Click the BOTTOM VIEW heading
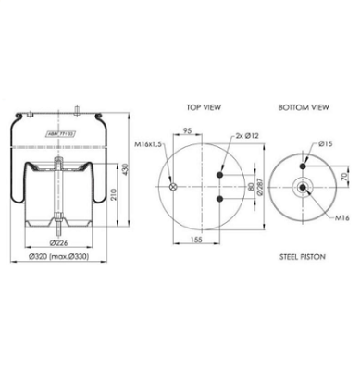(303, 107)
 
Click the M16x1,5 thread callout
(148, 144)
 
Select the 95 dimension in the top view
(188, 131)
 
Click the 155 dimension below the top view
(194, 239)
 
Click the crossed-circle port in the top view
(172, 188)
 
